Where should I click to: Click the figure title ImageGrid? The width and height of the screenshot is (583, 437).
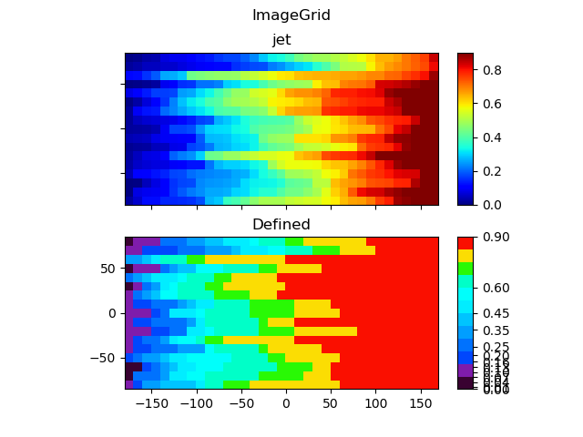point(291,15)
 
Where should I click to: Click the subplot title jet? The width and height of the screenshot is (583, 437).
point(281,40)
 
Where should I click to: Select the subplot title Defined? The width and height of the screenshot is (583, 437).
point(281,224)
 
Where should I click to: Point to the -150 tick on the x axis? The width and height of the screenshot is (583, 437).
point(151,403)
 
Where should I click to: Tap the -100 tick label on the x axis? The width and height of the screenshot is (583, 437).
point(196,403)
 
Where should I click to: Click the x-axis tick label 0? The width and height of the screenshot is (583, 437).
point(286,403)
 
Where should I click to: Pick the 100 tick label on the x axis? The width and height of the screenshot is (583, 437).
point(375,403)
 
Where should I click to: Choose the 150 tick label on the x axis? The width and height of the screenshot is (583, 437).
point(420,403)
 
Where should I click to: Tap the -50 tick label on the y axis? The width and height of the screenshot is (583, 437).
point(105,358)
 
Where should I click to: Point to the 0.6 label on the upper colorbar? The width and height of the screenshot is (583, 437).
point(493,104)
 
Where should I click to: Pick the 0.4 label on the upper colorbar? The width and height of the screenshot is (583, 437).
point(493,137)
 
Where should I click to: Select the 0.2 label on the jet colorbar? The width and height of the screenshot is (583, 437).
point(493,171)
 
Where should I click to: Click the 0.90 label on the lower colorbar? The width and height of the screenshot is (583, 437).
point(496,238)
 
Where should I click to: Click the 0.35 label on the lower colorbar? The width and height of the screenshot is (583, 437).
point(496,330)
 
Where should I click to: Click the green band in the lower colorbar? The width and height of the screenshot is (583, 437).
point(465,269)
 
